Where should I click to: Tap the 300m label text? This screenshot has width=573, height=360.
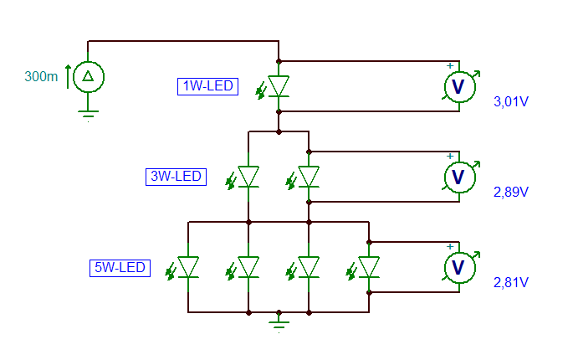click(41, 76)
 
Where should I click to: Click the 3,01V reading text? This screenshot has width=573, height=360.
click(511, 101)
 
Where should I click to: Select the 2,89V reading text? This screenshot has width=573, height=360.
click(511, 192)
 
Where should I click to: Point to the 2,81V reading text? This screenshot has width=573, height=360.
click(511, 282)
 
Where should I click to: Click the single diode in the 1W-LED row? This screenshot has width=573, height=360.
click(279, 86)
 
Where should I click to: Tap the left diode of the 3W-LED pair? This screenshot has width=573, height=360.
click(248, 177)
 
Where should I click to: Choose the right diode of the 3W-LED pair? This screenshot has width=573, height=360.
click(309, 177)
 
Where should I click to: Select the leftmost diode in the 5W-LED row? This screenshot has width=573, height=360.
click(188, 267)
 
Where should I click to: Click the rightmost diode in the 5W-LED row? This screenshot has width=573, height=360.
click(369, 267)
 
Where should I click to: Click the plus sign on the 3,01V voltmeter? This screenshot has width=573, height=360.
click(450, 66)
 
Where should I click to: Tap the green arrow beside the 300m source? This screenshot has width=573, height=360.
click(68, 77)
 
